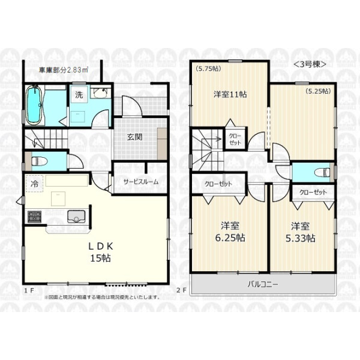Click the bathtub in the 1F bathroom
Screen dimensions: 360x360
(x=34, y=104)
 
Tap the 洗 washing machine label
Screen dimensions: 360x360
(x=79, y=95)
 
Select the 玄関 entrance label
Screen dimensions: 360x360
(x=134, y=137)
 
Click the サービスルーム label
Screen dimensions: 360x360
(x=141, y=182)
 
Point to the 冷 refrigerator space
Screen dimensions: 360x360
(x=34, y=184)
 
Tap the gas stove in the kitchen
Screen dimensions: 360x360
(x=34, y=217)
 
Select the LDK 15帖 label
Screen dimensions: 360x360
(x=101, y=252)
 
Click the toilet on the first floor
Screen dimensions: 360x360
(x=39, y=161)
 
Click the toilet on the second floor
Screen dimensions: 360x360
(x=322, y=172)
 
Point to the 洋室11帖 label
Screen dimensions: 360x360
(x=230, y=94)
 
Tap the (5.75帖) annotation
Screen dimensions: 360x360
(x=208, y=68)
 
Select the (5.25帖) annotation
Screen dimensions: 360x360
(x=318, y=91)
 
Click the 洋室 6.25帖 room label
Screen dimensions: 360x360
(x=230, y=232)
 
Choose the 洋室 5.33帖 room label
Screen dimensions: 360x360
(x=301, y=232)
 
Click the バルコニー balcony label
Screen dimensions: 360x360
(x=263, y=284)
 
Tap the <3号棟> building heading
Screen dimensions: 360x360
(x=310, y=64)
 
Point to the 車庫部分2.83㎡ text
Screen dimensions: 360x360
(x=64, y=70)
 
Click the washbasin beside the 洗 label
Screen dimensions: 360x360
(x=100, y=92)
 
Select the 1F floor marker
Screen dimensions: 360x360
(x=29, y=290)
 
